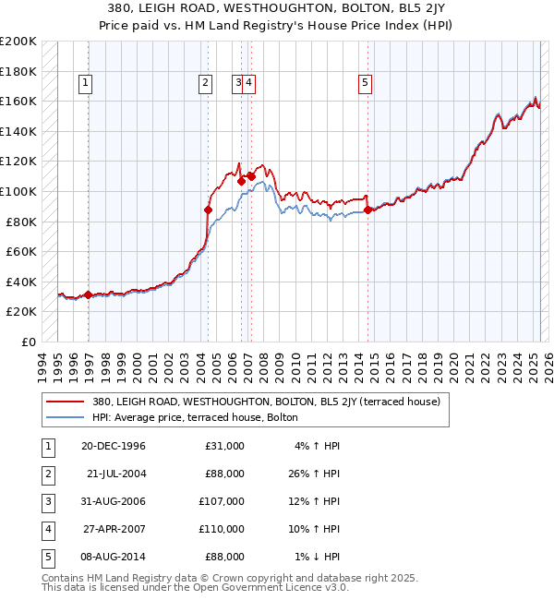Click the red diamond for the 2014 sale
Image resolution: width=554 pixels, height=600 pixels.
point(367,210)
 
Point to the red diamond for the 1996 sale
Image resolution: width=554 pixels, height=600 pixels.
point(89,295)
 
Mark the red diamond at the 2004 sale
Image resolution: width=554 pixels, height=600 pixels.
point(208,210)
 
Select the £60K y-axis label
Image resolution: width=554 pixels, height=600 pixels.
point(21,251)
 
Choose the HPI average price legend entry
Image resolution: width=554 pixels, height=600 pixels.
point(195,417)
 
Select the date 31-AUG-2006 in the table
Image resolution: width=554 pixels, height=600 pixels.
point(114,501)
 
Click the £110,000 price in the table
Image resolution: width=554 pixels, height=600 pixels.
point(222,529)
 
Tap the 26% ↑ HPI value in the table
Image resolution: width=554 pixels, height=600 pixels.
point(319,474)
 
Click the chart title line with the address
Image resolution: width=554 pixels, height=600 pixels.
point(277,8)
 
